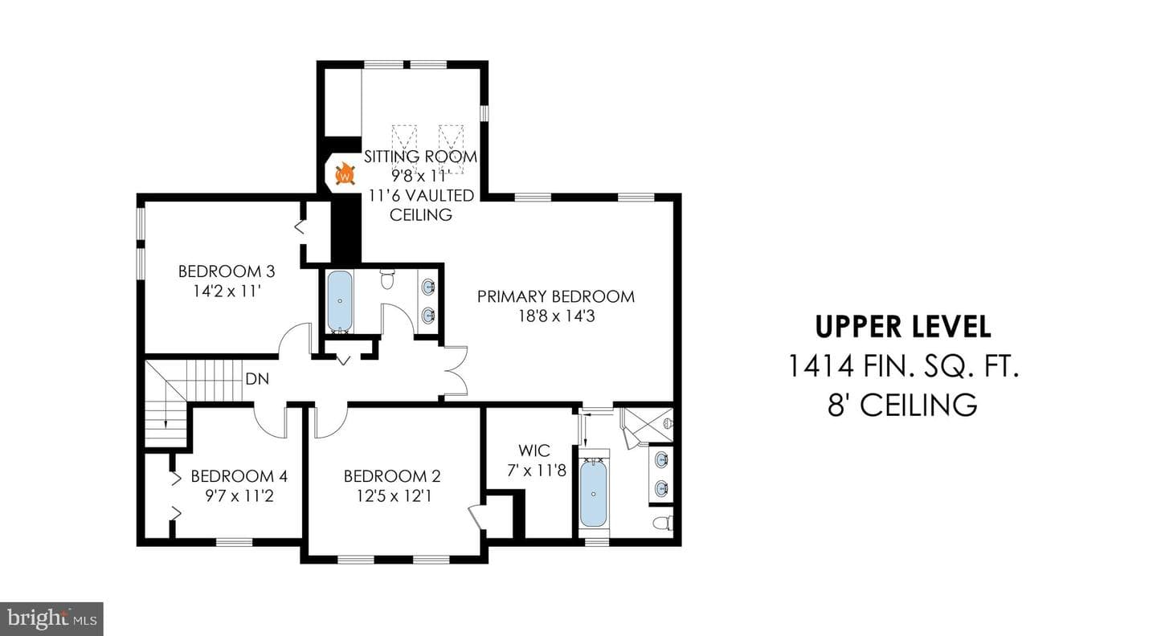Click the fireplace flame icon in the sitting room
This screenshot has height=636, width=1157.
345,174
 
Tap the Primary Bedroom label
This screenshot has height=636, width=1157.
556,296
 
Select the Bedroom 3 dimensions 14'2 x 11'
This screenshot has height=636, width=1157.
227,291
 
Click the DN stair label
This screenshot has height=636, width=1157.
257,379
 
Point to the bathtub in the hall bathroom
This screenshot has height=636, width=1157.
340,301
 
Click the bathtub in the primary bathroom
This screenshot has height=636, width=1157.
594,493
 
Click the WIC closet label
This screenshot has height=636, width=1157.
534,450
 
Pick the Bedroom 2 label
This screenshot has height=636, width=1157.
392,476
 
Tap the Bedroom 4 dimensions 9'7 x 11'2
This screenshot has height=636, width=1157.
239,496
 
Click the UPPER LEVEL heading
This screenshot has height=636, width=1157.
903,327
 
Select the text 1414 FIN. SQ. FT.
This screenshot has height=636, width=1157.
903,366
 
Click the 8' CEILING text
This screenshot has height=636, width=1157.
902,405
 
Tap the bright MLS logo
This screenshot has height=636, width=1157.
51,618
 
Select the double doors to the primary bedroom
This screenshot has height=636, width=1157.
456,371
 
